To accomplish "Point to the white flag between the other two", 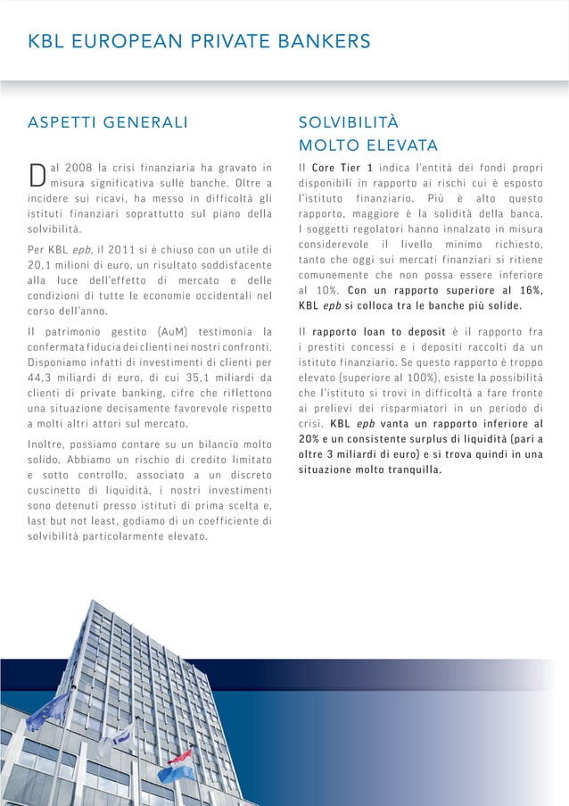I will tap(118, 739).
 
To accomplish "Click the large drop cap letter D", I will tap(37, 175).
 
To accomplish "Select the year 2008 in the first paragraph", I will tap(78, 167).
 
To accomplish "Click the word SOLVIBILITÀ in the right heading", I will tap(349, 122).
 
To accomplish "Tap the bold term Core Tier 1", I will tap(342, 167).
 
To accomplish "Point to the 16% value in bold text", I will tap(528, 290).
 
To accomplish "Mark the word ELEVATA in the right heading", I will tap(402, 145).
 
